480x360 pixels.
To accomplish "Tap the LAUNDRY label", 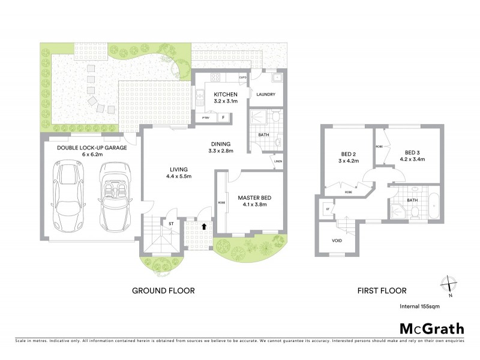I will coord(265,95).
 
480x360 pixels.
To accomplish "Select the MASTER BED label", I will coord(252,197).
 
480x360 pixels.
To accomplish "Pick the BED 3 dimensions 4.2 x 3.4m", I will coord(415,160).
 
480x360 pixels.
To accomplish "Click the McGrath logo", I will coord(432,329).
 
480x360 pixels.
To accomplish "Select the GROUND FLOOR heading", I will coord(163,291).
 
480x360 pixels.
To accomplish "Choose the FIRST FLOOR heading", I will coord(382,291).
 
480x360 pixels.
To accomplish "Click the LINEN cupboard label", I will coord(277,161).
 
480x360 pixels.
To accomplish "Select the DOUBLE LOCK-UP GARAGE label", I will coord(92,148).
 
